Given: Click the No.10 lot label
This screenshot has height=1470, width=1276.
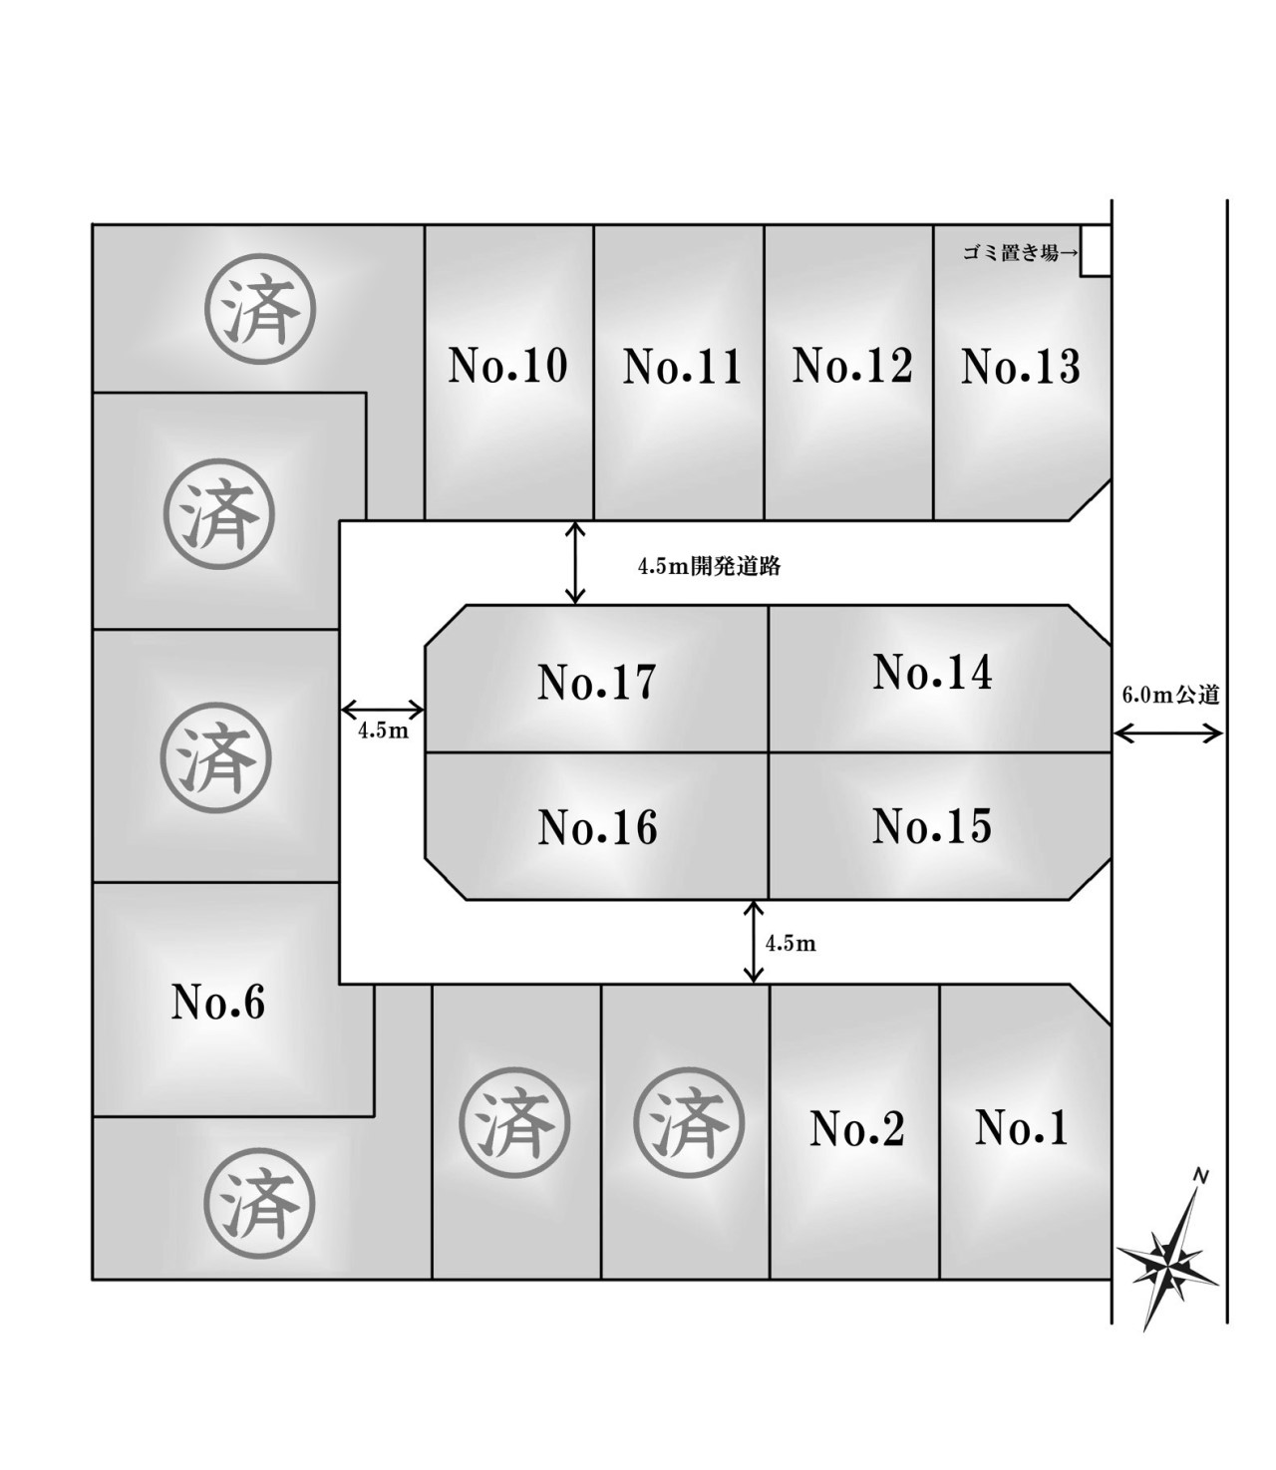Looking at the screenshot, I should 508,366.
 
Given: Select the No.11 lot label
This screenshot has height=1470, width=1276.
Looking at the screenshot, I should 683,367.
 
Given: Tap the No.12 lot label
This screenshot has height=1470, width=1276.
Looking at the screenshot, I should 852,366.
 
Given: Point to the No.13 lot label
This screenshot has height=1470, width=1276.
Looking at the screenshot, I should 1021,367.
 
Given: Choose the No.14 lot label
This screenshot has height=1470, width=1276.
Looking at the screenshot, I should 933,673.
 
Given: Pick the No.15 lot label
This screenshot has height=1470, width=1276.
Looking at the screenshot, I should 932,826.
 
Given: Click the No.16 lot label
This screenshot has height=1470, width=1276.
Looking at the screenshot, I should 598,827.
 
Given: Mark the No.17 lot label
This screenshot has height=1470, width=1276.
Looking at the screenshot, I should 597,683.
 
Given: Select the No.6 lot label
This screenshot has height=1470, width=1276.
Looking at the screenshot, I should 218,1002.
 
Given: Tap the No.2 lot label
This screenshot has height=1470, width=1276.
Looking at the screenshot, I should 857,1129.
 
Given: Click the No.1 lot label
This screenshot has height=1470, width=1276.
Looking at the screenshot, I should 1022,1128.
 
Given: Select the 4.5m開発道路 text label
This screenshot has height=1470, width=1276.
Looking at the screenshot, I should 709,567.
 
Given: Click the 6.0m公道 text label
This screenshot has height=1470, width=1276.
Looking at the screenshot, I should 1170,696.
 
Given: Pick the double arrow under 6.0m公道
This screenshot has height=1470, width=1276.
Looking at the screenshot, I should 1168,735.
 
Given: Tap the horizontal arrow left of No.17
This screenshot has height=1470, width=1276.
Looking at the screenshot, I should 383,710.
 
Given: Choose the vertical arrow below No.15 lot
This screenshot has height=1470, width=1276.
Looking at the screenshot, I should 754,942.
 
